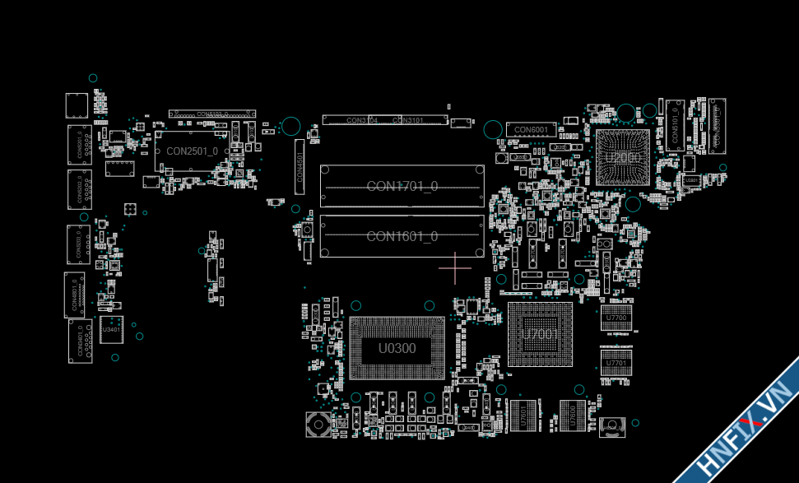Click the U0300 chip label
click(397, 349)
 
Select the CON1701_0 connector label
click(402, 186)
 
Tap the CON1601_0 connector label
click(402, 237)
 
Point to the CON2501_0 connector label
click(193, 151)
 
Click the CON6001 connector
click(531, 130)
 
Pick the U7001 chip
click(540, 334)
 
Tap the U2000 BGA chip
click(622, 156)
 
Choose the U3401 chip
click(110, 329)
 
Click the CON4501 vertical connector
click(300, 166)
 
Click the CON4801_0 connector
click(75, 295)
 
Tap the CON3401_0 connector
click(80, 341)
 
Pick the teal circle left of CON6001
click(493, 129)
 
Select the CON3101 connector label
click(408, 120)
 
